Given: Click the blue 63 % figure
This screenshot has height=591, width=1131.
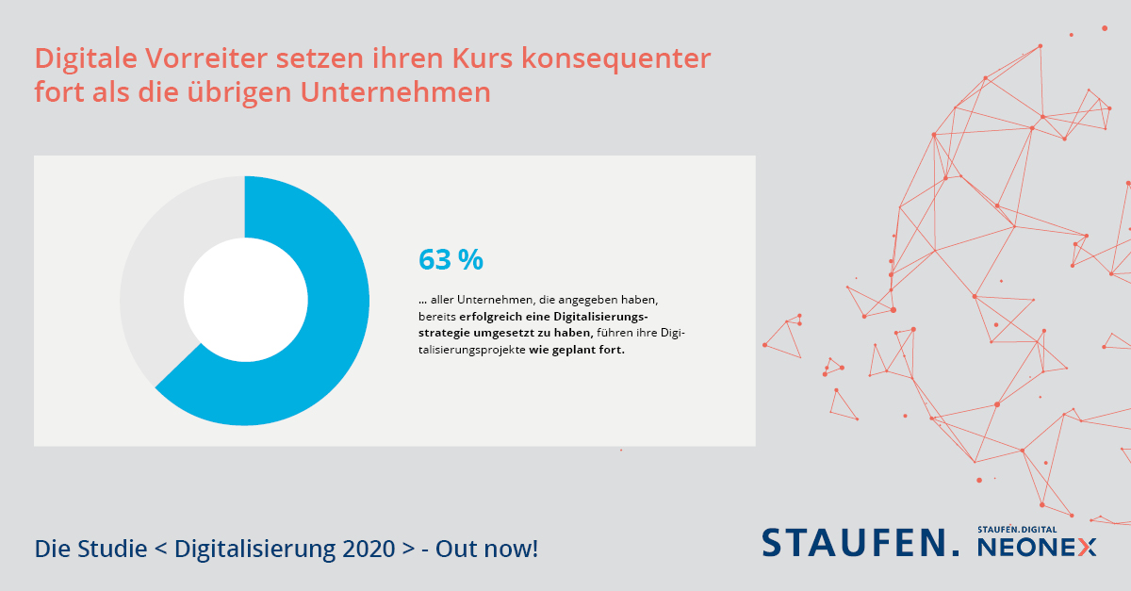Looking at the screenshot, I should (x=451, y=259).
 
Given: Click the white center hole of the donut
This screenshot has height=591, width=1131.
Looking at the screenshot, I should (x=245, y=300).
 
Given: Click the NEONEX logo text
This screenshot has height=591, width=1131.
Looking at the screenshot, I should (x=1037, y=548).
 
